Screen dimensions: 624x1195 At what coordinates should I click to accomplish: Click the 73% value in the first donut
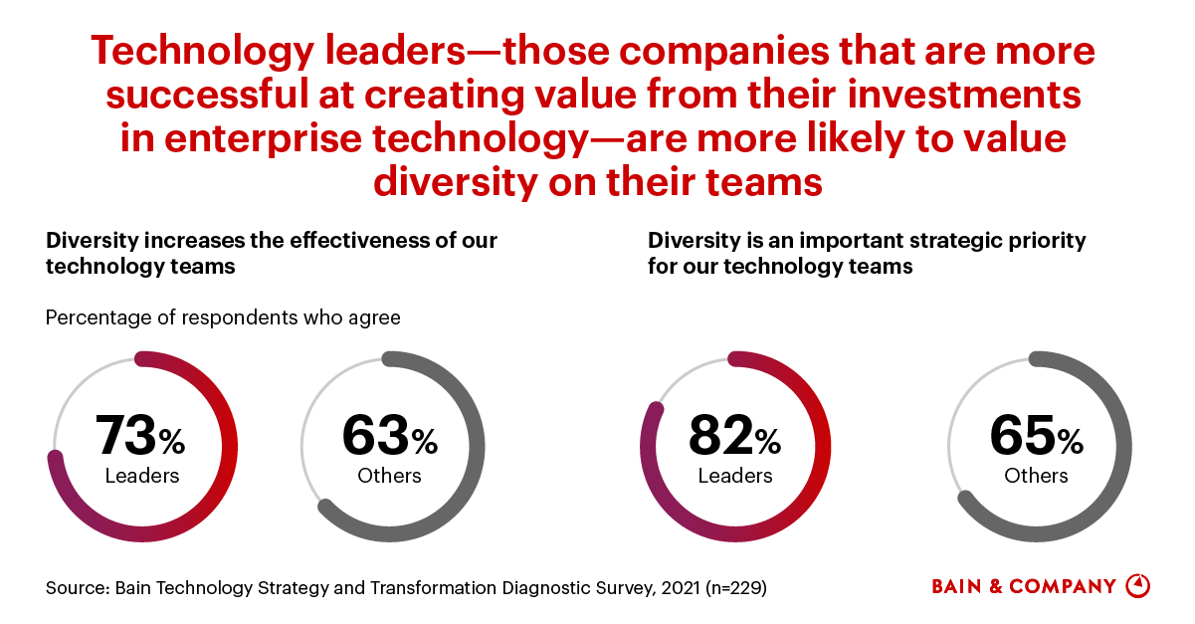point(140,436)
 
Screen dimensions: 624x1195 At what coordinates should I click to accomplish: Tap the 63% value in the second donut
point(389,436)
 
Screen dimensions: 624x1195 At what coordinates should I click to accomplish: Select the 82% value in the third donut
point(734,436)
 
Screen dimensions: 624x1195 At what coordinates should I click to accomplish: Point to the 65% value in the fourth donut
point(1036,436)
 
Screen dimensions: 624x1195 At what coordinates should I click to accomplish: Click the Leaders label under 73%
point(142,475)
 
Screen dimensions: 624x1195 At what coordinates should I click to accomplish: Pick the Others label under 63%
point(389,475)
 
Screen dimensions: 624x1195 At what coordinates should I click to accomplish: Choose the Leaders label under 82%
point(735,475)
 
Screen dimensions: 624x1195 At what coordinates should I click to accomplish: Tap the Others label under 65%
point(1036,475)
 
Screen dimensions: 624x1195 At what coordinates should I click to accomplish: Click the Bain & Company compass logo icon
point(1137,585)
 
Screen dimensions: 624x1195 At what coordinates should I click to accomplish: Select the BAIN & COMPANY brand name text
point(1024,586)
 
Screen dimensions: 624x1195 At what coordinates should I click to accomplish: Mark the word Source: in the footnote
point(77,587)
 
